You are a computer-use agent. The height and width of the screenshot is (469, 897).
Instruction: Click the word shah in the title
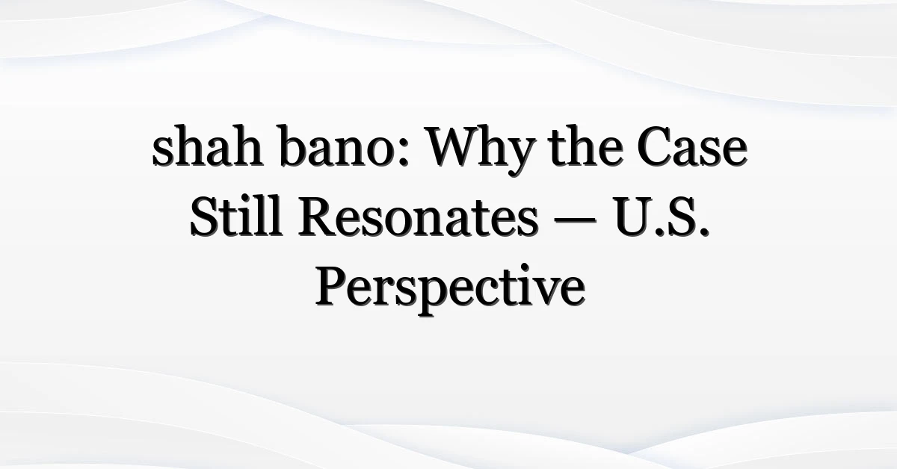(x=208, y=146)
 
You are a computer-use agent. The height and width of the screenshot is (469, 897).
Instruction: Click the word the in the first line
(x=587, y=146)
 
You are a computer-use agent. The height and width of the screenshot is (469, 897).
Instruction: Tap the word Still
(x=236, y=216)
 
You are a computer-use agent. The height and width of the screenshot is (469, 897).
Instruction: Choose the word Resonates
(x=418, y=217)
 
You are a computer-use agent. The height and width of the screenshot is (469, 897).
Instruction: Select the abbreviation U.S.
(x=662, y=217)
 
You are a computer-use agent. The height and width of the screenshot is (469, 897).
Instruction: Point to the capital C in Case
(x=655, y=147)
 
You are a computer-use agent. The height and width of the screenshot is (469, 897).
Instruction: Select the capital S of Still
(x=203, y=217)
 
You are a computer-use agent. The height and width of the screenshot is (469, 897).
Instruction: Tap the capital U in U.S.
(x=633, y=217)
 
